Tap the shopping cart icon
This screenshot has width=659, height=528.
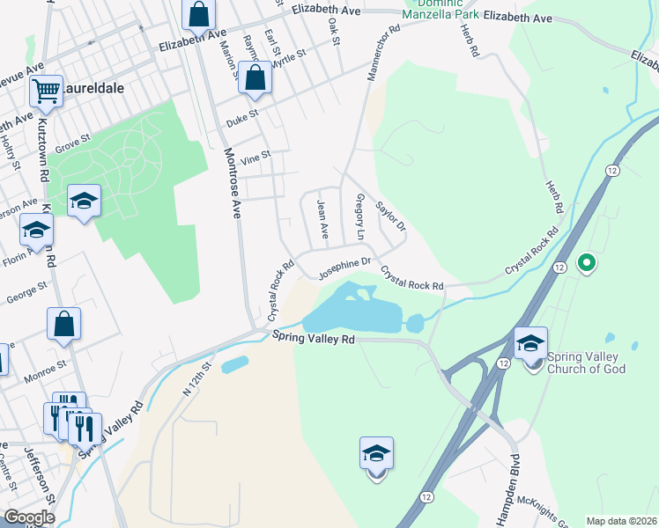point(46,89)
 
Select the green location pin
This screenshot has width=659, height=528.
point(586,262)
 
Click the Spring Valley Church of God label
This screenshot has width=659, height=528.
point(586,363)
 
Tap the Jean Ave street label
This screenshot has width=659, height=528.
point(322,220)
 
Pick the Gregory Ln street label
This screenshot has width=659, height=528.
point(359,217)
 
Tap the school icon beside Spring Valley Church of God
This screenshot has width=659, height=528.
point(530,343)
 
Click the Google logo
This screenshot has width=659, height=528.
point(30,517)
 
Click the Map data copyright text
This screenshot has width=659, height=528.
point(620,520)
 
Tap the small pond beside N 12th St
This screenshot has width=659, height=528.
point(234,363)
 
